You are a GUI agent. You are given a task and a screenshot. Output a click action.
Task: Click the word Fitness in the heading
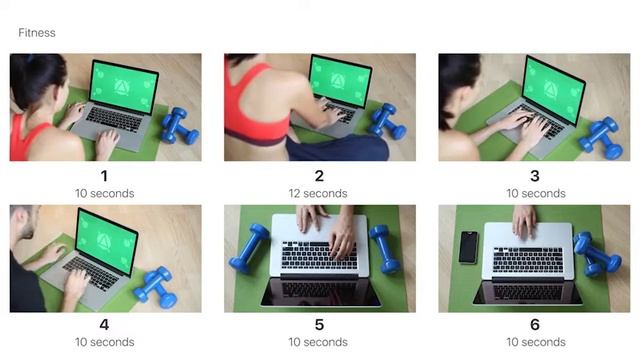click(37, 33)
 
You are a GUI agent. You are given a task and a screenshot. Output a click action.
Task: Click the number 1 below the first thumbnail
click(104, 176)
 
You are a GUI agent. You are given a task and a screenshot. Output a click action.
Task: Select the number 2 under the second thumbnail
click(319, 176)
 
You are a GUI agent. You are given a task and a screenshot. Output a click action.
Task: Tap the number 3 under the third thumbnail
click(535, 176)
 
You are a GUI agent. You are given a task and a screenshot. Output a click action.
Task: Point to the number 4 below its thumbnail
click(104, 324)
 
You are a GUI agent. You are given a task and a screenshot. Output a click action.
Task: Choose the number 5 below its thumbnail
click(319, 324)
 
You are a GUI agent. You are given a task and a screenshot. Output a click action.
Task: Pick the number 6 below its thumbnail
click(535, 324)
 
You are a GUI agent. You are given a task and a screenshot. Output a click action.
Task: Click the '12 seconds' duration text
click(318, 193)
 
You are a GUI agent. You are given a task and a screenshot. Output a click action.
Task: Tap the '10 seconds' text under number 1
click(104, 193)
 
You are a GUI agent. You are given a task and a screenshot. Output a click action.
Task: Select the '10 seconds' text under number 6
click(536, 342)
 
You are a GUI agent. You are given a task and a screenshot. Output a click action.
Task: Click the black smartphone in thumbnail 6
click(468, 247)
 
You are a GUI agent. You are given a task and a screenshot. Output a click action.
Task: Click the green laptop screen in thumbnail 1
click(123, 87)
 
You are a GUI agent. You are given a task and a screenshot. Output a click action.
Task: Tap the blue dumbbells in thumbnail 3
click(601, 138)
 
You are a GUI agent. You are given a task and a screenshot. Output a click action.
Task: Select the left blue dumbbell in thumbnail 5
click(249, 247)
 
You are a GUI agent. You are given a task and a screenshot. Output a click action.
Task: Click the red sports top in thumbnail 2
click(255, 107)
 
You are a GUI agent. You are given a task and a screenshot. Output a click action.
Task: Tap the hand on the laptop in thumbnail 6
click(524, 221)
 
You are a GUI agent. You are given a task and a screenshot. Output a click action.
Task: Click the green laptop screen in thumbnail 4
click(107, 241)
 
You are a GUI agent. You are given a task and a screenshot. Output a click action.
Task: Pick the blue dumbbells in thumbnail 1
click(180, 126)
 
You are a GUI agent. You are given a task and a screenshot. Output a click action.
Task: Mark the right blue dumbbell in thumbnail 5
click(384, 248)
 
